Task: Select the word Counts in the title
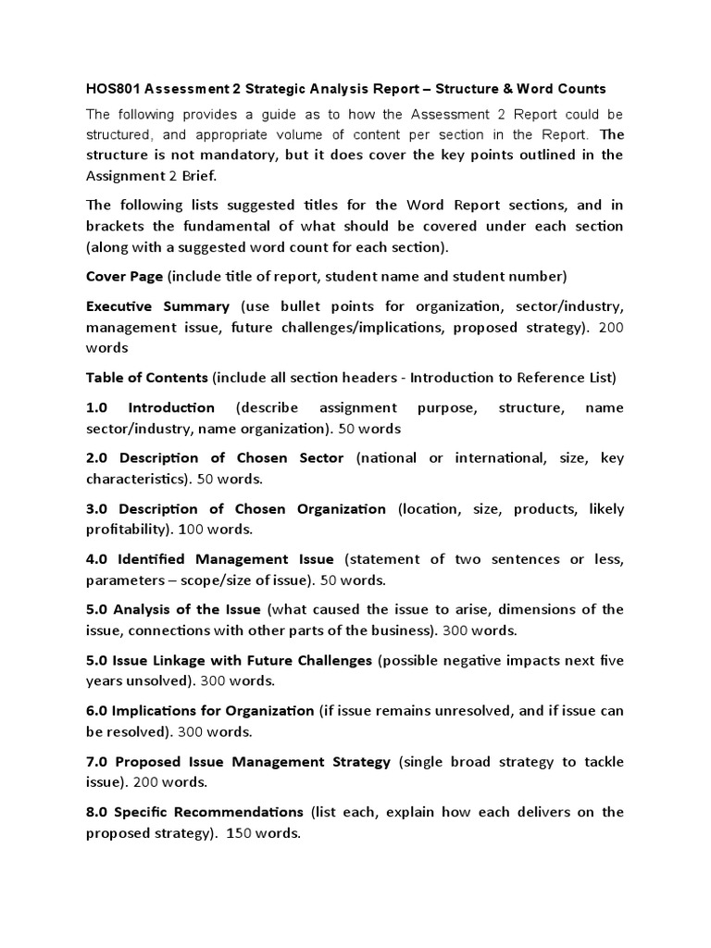pyautogui.click(x=578, y=89)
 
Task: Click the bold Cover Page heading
pyautogui.click(x=124, y=277)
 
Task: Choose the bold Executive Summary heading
pyautogui.click(x=157, y=306)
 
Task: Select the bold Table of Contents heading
pyautogui.click(x=147, y=378)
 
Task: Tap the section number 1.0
pyautogui.click(x=98, y=408)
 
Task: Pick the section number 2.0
pyautogui.click(x=98, y=458)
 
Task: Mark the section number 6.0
pyautogui.click(x=97, y=711)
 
